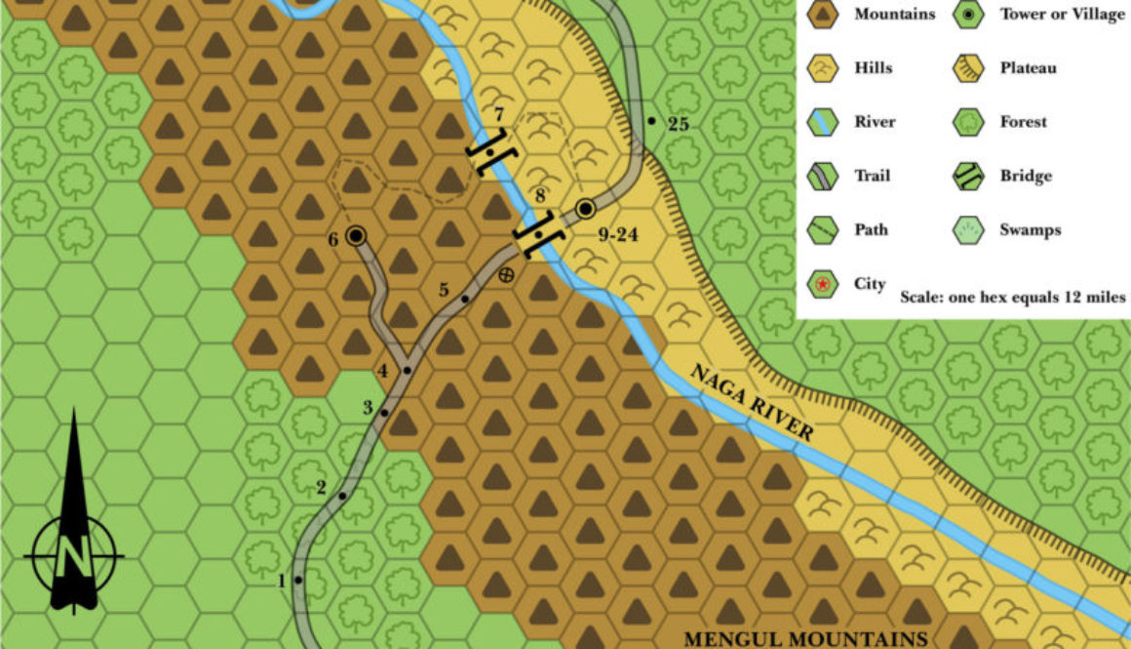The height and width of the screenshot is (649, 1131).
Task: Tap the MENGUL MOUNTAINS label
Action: point(804,639)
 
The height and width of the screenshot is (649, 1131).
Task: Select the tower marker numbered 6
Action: point(356,235)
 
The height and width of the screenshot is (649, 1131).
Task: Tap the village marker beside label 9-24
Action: point(585,207)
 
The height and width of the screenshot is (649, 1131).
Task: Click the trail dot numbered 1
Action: point(298,580)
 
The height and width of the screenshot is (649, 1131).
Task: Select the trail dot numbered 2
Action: point(342,497)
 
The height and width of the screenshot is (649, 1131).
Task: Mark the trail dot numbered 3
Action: point(385,413)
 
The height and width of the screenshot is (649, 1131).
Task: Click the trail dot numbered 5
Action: point(465,298)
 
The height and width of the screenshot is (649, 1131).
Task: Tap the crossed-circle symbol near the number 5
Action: point(505,275)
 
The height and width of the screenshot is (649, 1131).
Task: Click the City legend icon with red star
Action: point(824,284)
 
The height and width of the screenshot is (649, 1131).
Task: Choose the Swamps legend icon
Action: point(970,230)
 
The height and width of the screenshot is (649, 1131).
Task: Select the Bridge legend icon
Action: point(970,177)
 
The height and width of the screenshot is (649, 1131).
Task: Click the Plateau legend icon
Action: point(970,68)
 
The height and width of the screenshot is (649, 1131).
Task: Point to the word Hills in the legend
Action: point(874,68)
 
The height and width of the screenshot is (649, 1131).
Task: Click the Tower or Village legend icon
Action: point(970,15)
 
